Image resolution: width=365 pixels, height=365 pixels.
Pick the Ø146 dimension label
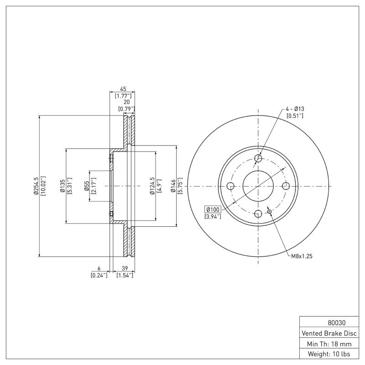pyautogui.click(x=173, y=186)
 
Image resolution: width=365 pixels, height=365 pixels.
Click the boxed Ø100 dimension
pyautogui.click(x=213, y=209)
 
